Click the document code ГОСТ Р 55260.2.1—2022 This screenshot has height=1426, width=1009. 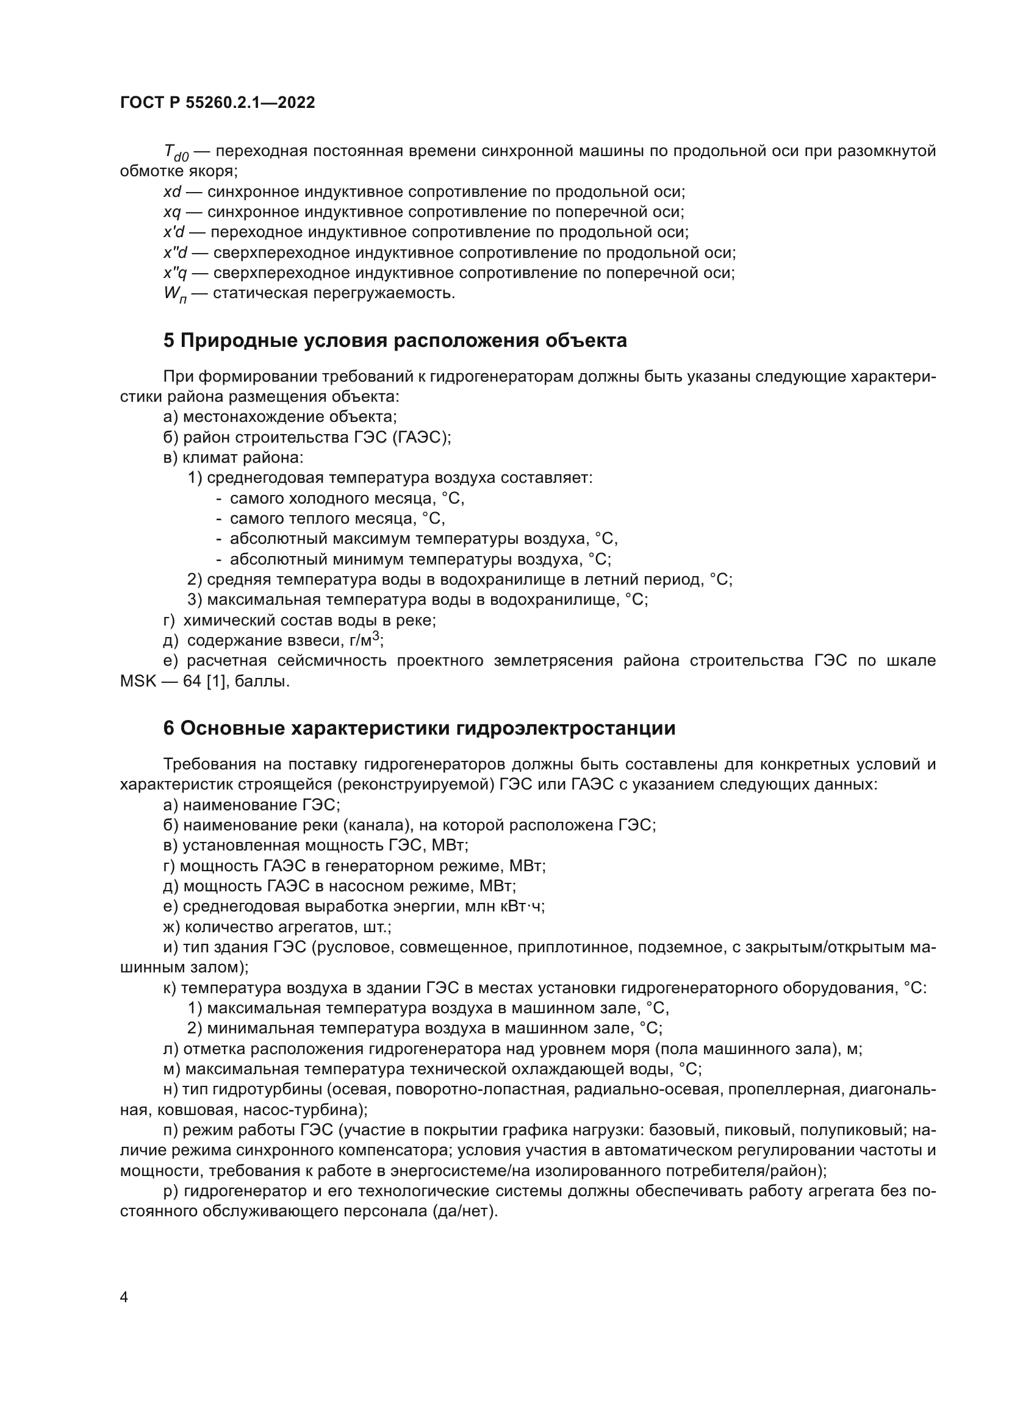tap(217, 103)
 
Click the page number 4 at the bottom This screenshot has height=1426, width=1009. tap(124, 1297)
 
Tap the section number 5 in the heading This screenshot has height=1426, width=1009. tap(169, 341)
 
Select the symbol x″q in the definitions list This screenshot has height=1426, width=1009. tap(174, 273)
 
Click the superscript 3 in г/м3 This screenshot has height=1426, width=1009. tap(376, 636)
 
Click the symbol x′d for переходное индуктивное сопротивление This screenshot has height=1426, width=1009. tap(174, 233)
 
